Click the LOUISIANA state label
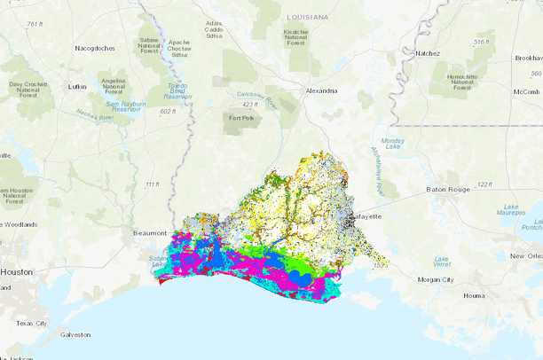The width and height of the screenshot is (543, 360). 307,17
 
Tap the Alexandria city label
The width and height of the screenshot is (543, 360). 321,90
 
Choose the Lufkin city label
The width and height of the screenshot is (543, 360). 77,87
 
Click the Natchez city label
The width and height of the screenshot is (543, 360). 428,53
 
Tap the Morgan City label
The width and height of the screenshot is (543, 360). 437,279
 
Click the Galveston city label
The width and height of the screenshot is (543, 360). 75,334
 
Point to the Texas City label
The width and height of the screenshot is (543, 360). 33,323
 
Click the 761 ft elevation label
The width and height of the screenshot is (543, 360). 35,24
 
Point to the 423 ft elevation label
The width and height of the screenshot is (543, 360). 250,105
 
